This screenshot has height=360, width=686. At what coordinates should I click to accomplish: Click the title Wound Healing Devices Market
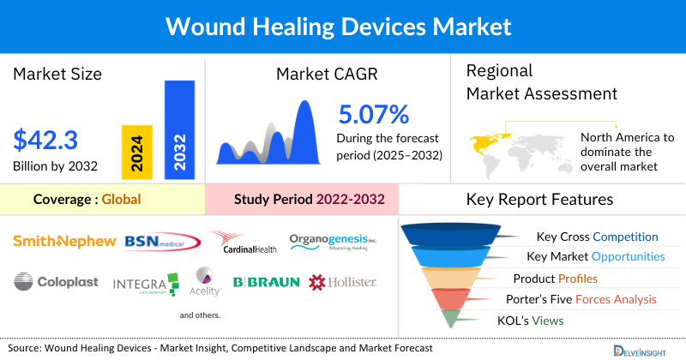(343, 26)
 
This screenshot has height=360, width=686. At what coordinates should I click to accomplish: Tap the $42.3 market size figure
(45, 139)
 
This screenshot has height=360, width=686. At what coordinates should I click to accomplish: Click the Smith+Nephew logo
(64, 242)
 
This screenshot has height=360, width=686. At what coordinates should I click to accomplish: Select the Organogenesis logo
(333, 243)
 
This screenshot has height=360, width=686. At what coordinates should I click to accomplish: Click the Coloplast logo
(57, 281)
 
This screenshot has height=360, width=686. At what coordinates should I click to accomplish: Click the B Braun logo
(266, 281)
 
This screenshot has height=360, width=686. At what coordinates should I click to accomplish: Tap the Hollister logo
(342, 281)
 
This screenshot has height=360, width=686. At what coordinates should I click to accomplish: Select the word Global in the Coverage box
(121, 200)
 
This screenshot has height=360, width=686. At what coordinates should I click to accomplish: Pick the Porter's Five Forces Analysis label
(585, 299)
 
